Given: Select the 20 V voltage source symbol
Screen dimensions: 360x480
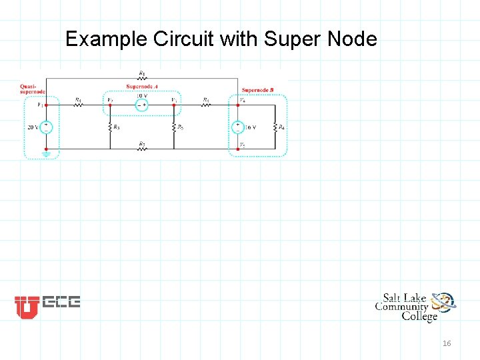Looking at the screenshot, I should tap(45, 127).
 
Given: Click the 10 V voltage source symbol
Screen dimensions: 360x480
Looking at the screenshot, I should tap(141, 105).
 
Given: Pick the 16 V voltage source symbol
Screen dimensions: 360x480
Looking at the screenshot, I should tap(238, 127).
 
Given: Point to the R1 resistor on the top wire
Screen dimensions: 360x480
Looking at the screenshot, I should tap(141, 77).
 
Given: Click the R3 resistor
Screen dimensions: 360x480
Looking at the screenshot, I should tap(110, 127).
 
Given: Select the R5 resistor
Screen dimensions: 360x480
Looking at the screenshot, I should tap(173, 127).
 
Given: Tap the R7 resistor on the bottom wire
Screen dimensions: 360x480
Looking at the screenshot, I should tap(141, 149).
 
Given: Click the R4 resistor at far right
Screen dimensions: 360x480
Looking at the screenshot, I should tap(274, 127).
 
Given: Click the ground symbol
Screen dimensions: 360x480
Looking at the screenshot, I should tap(45, 155).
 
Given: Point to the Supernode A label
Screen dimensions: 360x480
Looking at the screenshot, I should tap(142, 86).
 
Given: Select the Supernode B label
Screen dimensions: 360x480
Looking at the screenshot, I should tap(258, 89).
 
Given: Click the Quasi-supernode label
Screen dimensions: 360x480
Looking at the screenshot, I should tap(31, 89).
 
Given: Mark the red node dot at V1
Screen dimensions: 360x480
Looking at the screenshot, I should tap(45, 105).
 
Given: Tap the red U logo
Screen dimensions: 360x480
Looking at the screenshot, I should tap(27, 307).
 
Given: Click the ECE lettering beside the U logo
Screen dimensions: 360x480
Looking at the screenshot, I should tap(61, 302).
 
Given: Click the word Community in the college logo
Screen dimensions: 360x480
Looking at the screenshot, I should tap(401, 307).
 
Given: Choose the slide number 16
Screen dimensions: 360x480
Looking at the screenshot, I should tap(447, 343).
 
